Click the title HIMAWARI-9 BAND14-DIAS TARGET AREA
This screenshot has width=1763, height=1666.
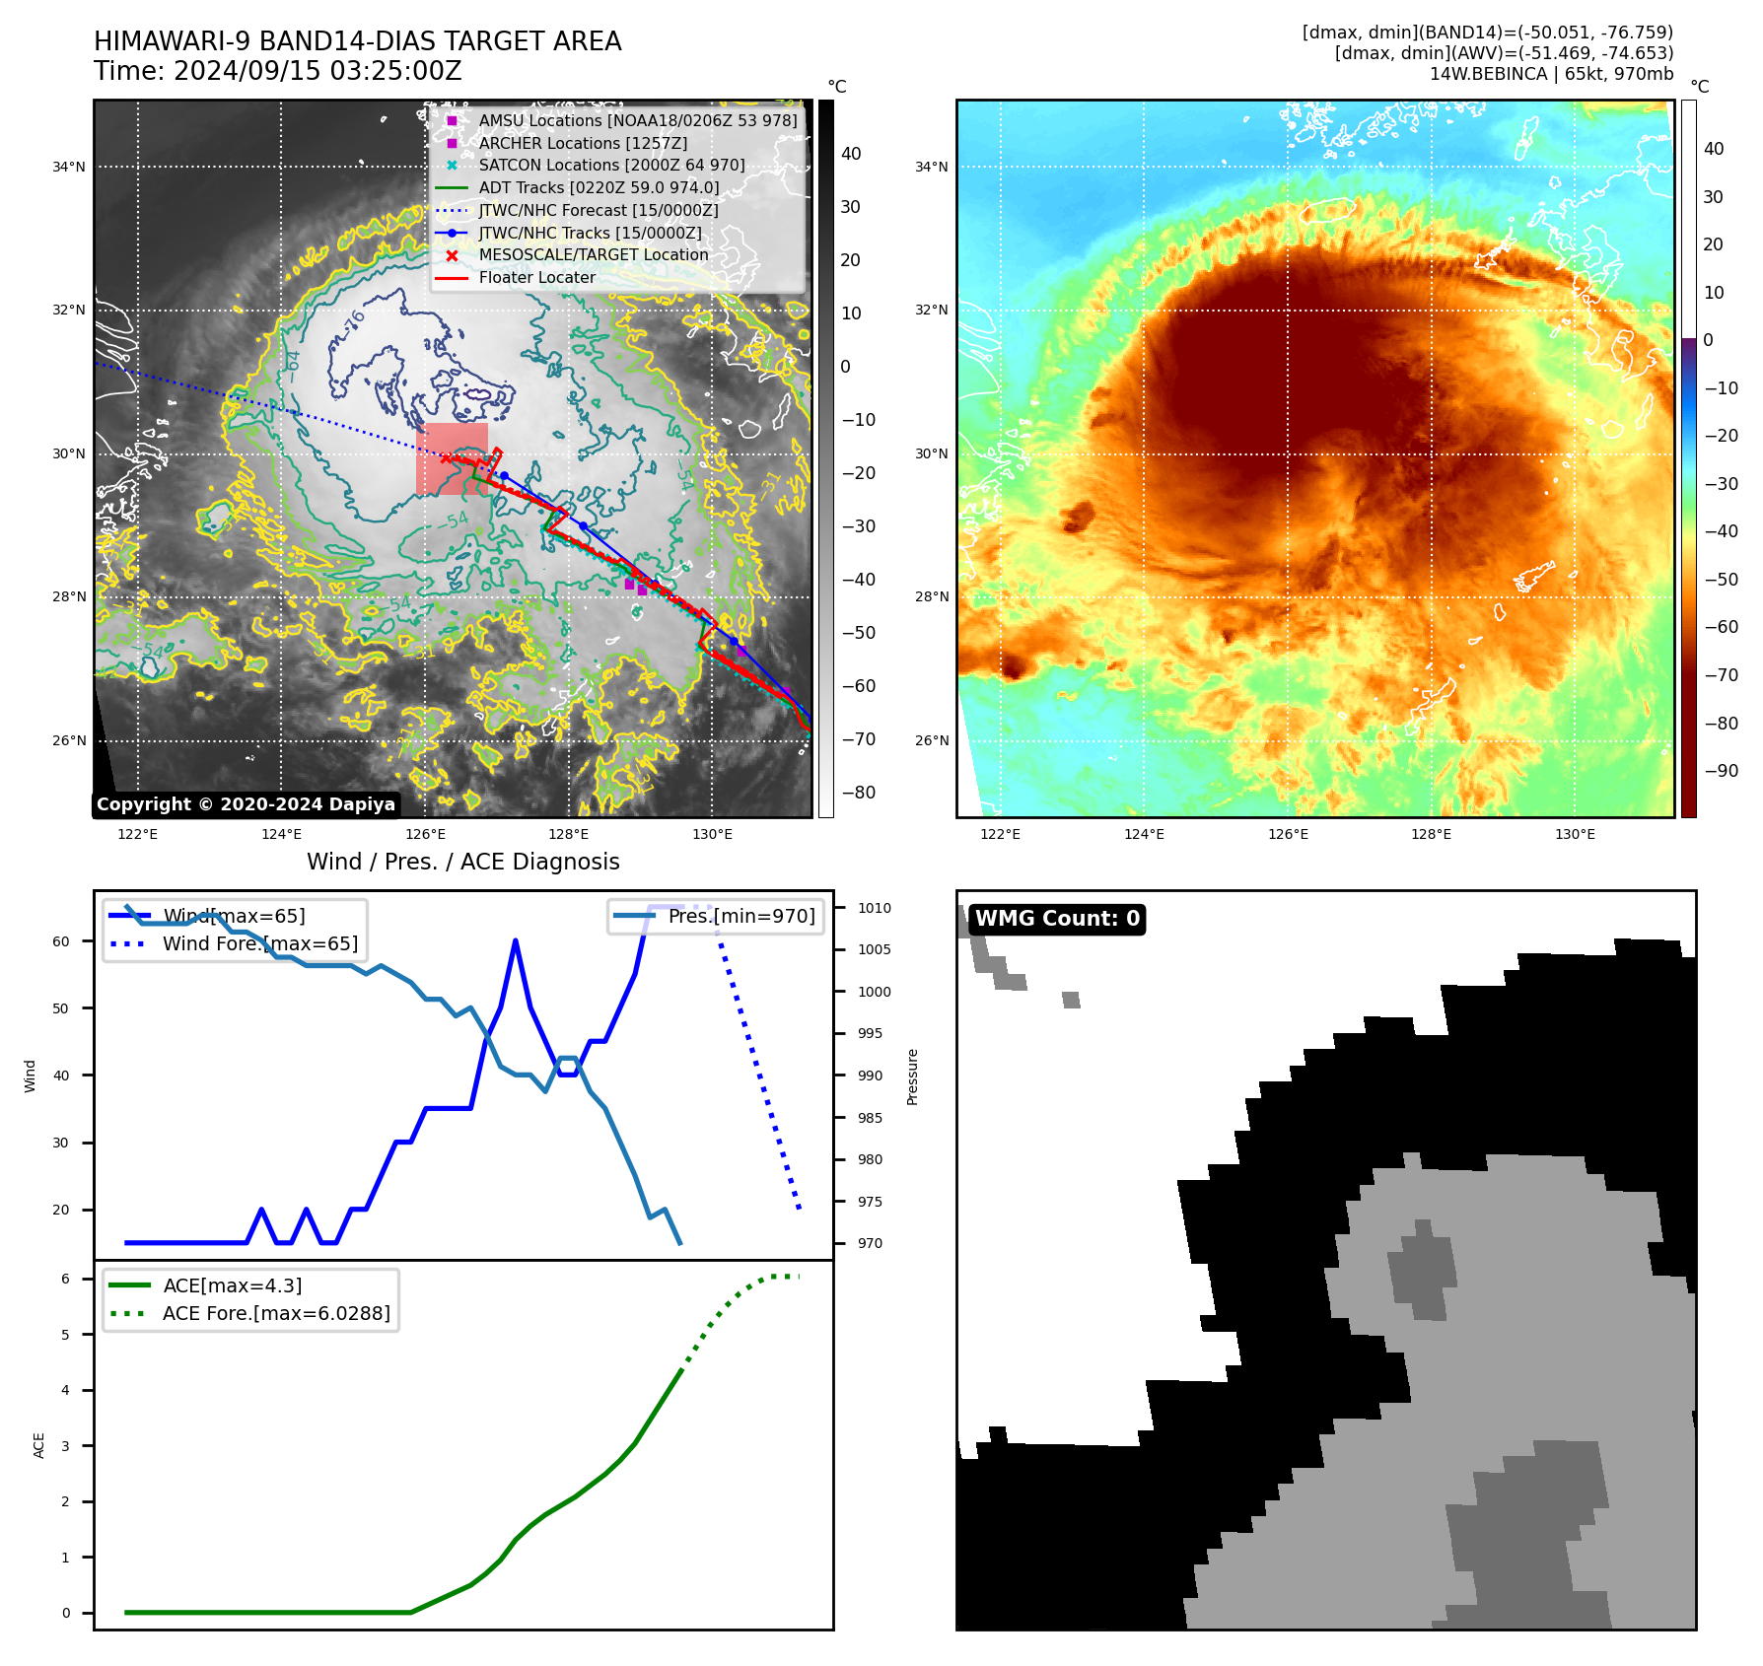[357, 41]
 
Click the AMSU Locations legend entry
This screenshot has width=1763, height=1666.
[637, 120]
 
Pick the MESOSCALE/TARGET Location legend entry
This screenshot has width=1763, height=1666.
[593, 254]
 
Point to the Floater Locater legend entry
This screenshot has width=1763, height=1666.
[536, 277]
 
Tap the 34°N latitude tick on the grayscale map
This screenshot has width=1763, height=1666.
[69, 167]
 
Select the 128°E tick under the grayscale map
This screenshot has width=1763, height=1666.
[569, 835]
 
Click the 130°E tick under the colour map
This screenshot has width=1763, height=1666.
[1575, 835]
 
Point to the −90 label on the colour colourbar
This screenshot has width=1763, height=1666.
[1721, 771]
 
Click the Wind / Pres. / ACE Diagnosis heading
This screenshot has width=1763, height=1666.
[462, 862]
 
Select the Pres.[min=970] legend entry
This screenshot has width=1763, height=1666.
[740, 916]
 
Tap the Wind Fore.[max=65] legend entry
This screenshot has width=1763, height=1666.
[259, 943]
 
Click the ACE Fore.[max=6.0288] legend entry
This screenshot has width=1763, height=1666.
[276, 1313]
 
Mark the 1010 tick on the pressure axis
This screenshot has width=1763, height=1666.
[874, 908]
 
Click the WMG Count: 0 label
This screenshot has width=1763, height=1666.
[1057, 919]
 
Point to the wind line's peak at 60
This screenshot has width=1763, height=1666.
[516, 941]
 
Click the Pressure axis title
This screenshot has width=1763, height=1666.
[913, 1076]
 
